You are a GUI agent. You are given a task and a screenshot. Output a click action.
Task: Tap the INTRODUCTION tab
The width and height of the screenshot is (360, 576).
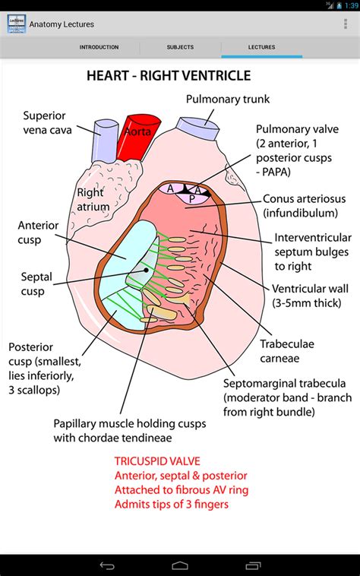pyautogui.click(x=99, y=47)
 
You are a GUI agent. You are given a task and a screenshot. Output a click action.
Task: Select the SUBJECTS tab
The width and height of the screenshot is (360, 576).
pyautogui.click(x=180, y=47)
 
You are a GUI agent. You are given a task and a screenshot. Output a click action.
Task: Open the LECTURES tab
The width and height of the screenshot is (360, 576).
pyautogui.click(x=261, y=47)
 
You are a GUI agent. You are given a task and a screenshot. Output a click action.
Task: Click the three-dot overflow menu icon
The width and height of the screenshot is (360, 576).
pyautogui.click(x=346, y=24)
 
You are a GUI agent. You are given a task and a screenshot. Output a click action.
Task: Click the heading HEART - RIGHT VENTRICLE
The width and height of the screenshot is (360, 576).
pyautogui.click(x=168, y=77)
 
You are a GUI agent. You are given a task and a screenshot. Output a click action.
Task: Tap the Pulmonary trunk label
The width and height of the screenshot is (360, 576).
pyautogui.click(x=228, y=99)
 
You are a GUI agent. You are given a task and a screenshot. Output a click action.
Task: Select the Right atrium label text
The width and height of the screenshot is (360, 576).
pyautogui.click(x=93, y=199)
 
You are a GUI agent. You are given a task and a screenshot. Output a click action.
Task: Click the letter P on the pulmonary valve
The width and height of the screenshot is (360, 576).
pyautogui.click(x=191, y=199)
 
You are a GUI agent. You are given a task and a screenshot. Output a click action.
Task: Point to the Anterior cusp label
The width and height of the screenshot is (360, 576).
pyautogui.click(x=39, y=233)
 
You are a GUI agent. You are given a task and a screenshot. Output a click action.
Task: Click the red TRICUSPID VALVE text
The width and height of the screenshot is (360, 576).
pyautogui.click(x=159, y=461)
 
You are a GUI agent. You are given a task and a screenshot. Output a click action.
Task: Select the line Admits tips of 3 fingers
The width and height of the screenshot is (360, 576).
pyautogui.click(x=171, y=504)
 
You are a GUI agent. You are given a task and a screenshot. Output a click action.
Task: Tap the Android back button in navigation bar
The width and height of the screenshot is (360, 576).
pyautogui.click(x=107, y=565)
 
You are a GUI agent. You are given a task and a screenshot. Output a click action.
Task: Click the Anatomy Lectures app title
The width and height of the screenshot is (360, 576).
pyautogui.click(x=62, y=24)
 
